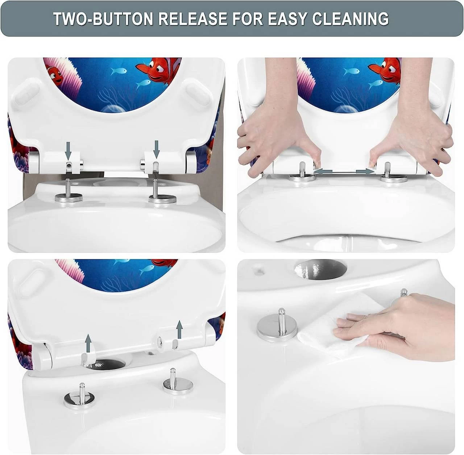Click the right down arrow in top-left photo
[x=157, y=149]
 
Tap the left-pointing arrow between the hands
[x=323, y=172]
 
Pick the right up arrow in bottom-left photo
[x=179, y=329]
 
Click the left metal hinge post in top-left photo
[x=69, y=191]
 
